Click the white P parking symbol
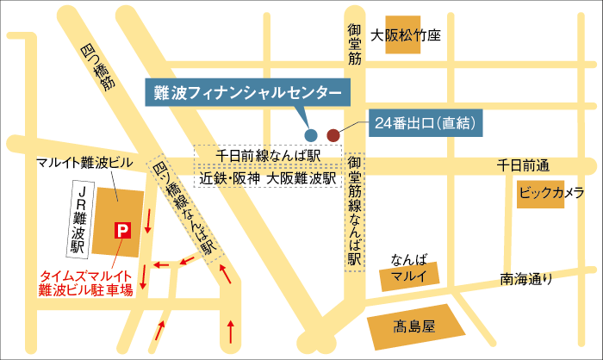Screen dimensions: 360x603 [x=122, y=230]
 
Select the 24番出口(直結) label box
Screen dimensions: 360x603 [x=426, y=123]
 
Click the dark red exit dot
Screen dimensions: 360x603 [x=333, y=133]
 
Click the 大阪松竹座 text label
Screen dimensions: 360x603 [x=406, y=36]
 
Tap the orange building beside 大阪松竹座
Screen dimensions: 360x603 [x=403, y=36]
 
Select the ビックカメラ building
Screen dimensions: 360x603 [x=552, y=192]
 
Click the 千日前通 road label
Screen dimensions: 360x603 [x=524, y=164]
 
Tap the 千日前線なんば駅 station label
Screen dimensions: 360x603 [x=268, y=154]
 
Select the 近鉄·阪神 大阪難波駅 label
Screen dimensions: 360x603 [x=266, y=179]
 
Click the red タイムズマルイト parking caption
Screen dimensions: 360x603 [x=86, y=283]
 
